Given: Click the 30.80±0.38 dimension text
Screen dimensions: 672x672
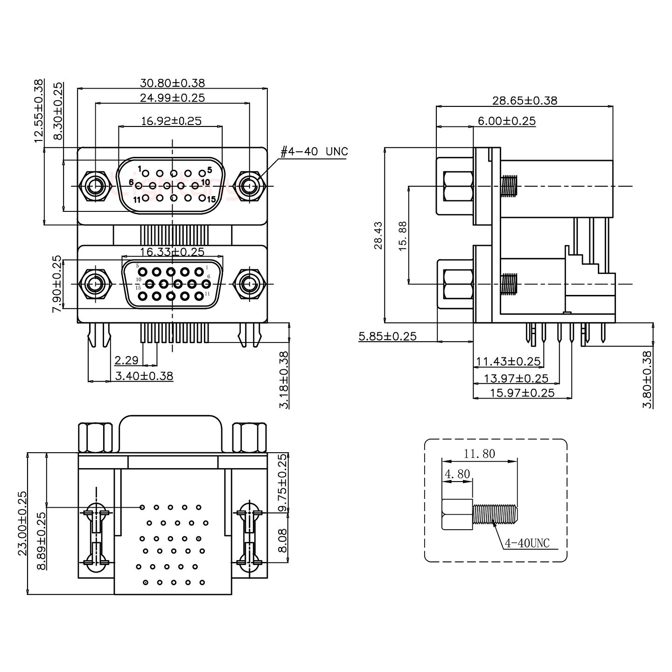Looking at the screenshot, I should (x=172, y=83).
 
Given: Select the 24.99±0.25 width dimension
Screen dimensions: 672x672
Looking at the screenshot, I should (x=172, y=98).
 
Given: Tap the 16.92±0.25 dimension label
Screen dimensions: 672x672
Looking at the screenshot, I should (x=171, y=121).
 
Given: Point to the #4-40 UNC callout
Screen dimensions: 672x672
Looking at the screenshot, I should (x=314, y=152).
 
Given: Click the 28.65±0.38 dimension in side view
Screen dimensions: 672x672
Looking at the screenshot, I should (x=525, y=100).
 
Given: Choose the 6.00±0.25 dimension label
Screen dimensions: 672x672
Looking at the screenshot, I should (x=506, y=121).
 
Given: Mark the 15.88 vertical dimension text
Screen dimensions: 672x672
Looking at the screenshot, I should (x=403, y=236).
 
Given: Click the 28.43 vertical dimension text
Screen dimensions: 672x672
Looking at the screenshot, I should (x=378, y=236).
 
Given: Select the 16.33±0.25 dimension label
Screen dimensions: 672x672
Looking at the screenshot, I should (x=172, y=252).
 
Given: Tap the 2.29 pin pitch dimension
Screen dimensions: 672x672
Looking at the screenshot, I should (x=126, y=360).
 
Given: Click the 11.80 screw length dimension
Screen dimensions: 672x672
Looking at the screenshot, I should (x=479, y=453).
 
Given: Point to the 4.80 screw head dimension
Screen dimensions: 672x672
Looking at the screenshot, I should (x=457, y=474).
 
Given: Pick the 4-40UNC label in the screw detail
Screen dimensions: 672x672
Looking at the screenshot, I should (x=527, y=543).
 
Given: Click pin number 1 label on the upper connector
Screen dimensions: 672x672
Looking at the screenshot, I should (x=140, y=168).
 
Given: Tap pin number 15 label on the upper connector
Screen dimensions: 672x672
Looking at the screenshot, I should (x=211, y=199).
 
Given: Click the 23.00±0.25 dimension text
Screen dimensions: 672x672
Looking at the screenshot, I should (x=22, y=523).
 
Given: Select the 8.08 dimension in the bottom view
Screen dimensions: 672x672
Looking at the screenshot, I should (x=282, y=540).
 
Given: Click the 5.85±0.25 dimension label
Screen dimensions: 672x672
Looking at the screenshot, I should (x=387, y=336).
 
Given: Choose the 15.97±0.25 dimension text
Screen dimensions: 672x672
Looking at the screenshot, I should (x=522, y=393).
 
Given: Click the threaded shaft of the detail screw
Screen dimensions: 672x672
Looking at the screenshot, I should (x=495, y=514).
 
